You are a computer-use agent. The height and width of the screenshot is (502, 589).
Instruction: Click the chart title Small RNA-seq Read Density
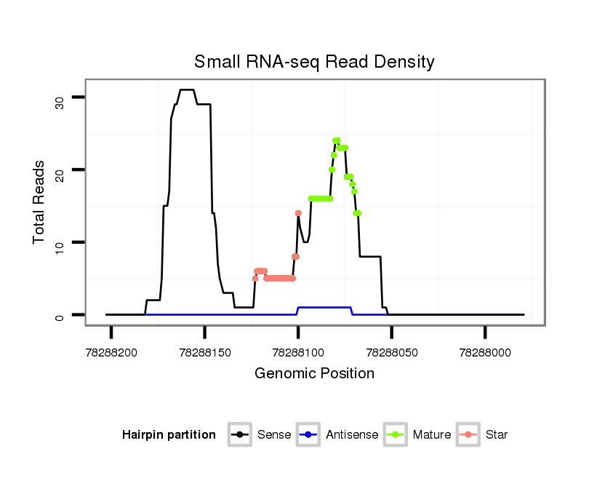[x=314, y=62]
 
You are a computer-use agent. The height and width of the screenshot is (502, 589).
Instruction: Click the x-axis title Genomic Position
[x=314, y=374]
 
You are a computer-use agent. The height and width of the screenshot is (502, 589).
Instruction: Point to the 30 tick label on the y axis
[x=59, y=102]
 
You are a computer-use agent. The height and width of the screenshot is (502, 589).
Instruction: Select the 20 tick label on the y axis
[x=59, y=175]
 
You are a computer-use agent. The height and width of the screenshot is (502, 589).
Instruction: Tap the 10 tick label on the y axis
[x=59, y=247]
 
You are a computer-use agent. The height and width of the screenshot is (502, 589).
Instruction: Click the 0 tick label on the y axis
[x=59, y=316]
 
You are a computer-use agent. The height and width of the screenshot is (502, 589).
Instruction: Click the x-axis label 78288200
[x=111, y=352]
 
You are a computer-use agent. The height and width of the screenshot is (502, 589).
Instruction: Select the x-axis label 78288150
[x=205, y=352]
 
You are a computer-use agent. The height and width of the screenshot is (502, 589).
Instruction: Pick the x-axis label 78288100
[x=298, y=352]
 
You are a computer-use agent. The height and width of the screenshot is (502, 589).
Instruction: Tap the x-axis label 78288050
[x=391, y=352]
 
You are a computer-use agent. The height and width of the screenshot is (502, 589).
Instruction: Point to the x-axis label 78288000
[x=485, y=352]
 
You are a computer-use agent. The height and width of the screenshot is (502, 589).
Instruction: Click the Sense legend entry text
[x=274, y=435]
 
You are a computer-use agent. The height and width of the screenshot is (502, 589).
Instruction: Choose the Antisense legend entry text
[x=352, y=435]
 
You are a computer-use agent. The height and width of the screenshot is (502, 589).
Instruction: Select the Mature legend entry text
[x=431, y=435]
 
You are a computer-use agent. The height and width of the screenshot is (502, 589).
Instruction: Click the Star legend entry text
[x=497, y=435]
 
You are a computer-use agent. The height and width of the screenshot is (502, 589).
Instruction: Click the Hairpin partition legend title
[x=169, y=435]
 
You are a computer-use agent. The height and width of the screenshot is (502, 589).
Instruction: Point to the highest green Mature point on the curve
[x=336, y=140]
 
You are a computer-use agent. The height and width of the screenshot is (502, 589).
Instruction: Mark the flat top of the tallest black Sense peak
[x=187, y=89]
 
